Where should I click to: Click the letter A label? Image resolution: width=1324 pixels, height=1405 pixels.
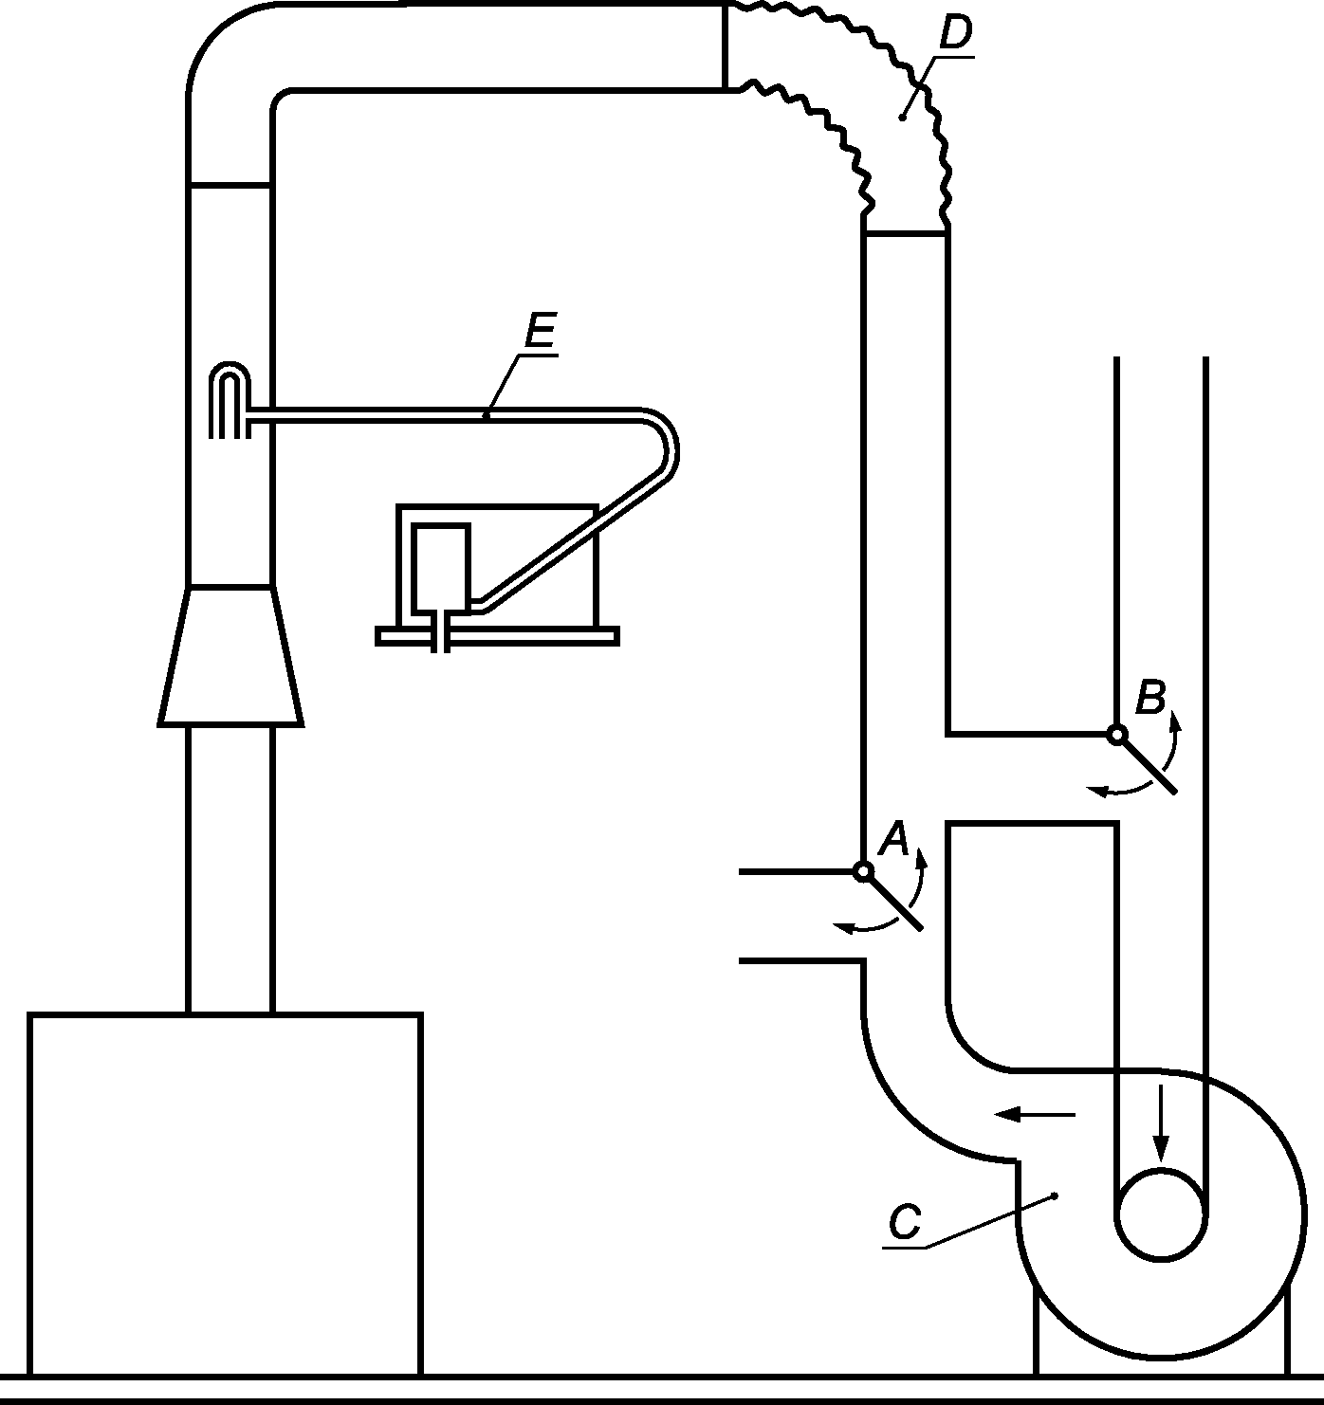pos(893,838)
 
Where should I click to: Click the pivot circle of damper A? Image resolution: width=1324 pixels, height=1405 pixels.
pos(862,871)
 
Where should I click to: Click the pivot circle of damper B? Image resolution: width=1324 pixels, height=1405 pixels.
pos(1116,735)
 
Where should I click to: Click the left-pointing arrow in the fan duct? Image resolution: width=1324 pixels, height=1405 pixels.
pos(1035,1115)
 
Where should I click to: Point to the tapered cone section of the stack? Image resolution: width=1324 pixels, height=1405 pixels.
pos(230,656)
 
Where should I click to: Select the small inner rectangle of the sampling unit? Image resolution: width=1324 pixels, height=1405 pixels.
pos(440,567)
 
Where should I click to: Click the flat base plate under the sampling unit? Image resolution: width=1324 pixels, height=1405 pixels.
pos(497,636)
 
